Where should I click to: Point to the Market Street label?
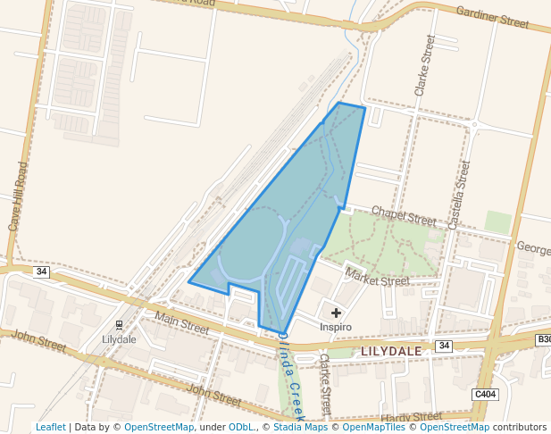coord(377,277)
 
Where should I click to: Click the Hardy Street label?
coord(411,417)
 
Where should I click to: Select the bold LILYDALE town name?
coord(391,351)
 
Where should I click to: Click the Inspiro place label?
coord(336,327)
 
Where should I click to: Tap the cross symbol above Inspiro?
coord(336,313)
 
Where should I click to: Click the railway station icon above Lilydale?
coord(119,325)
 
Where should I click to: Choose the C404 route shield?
coord(485,394)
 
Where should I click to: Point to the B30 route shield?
coord(543,339)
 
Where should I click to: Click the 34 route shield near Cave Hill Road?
coord(41,271)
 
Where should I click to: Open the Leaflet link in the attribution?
coord(50,427)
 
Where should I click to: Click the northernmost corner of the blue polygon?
coord(339,103)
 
